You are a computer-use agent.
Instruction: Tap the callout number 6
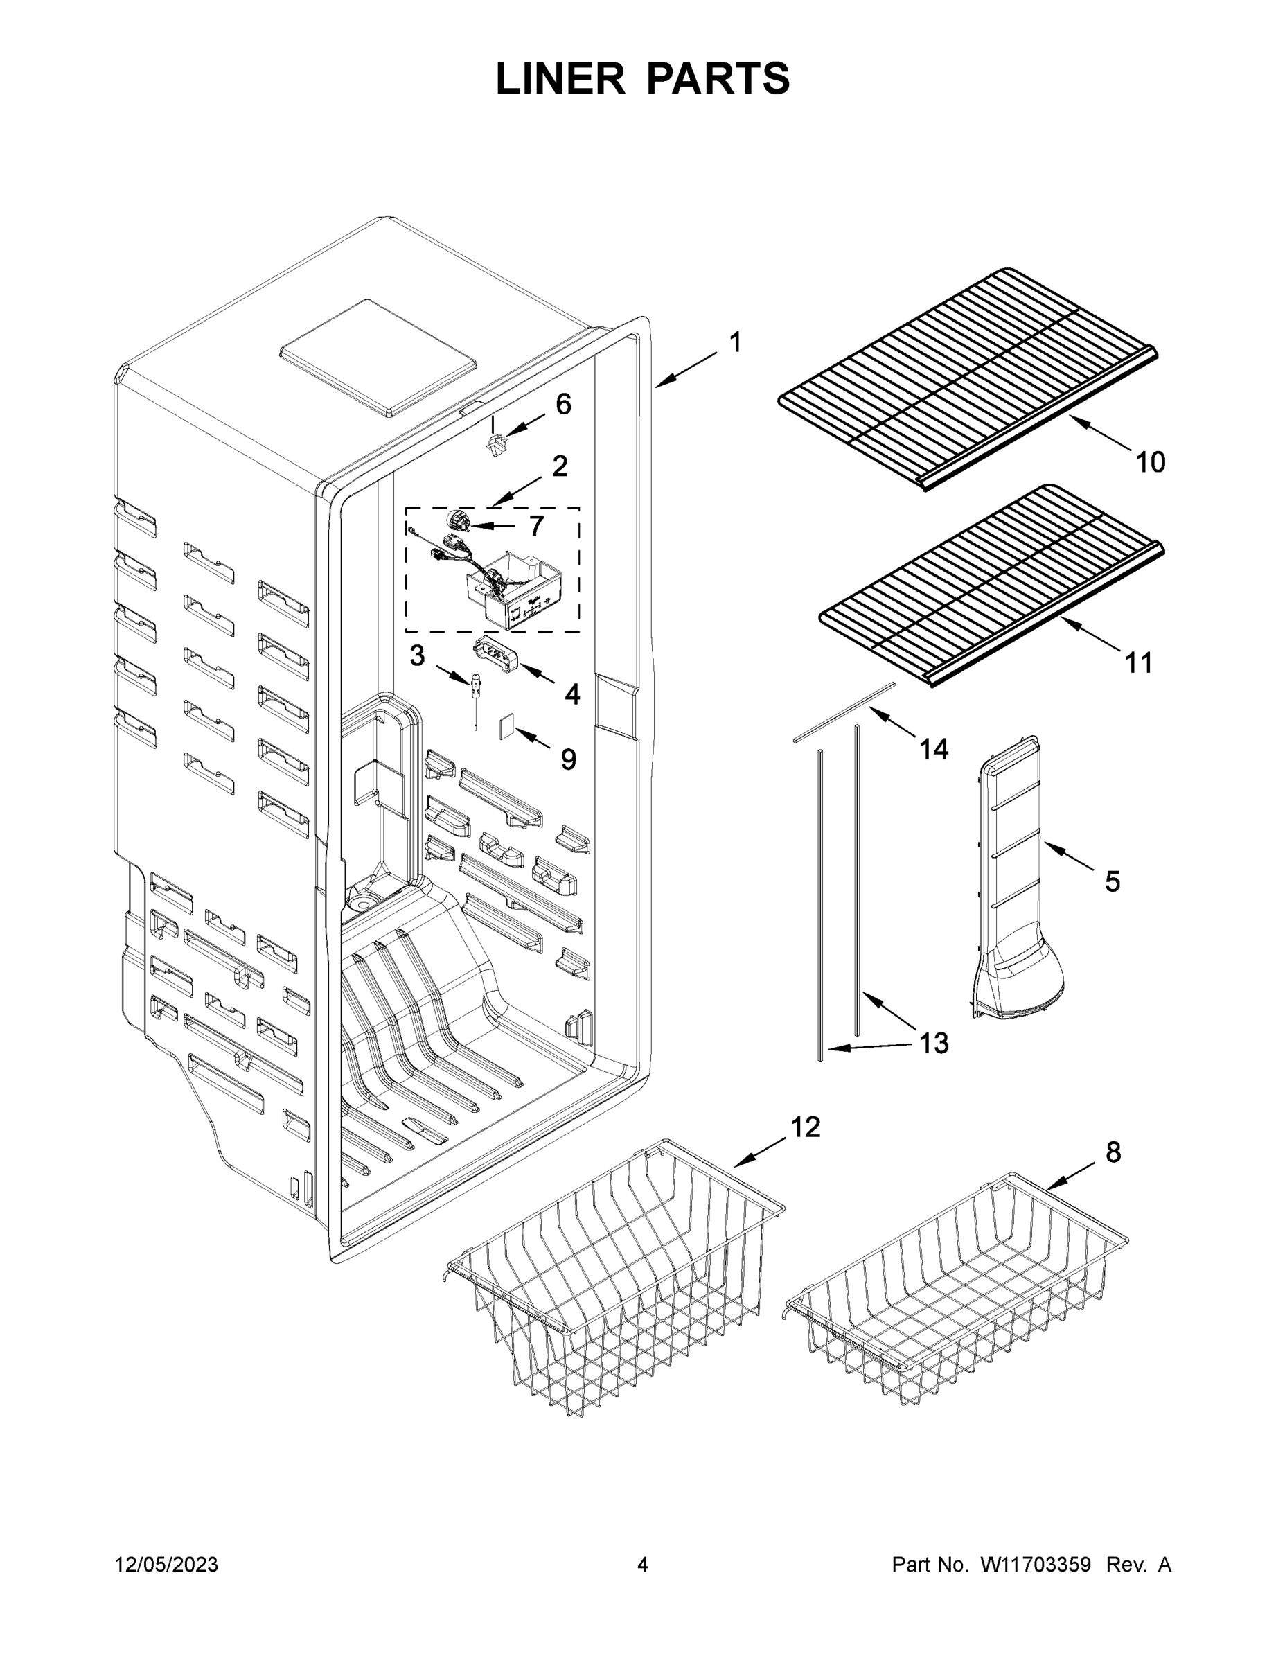pos(562,405)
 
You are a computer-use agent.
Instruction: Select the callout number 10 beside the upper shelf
pos(1149,461)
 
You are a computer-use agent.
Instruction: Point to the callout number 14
pos(933,749)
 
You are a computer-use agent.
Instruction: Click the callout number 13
pos(933,1042)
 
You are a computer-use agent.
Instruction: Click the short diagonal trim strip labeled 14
pos(843,711)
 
